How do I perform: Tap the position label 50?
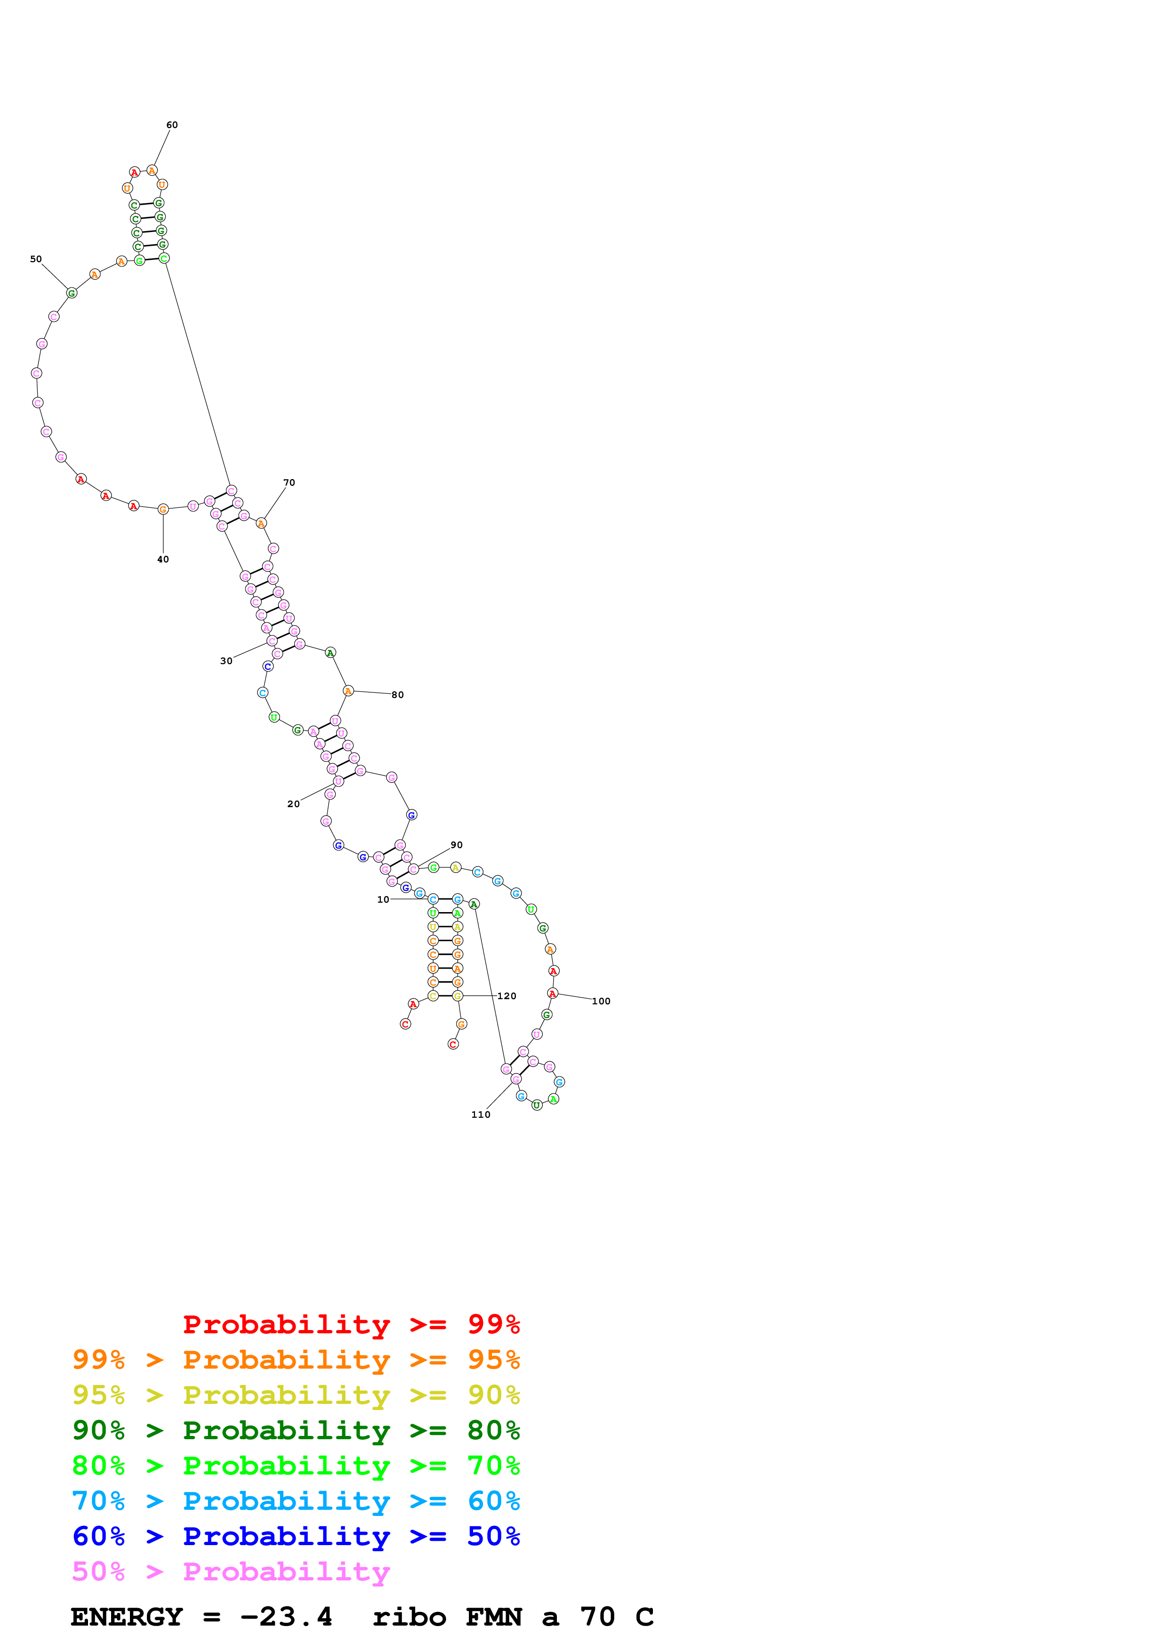click(x=36, y=259)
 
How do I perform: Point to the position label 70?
click(x=289, y=482)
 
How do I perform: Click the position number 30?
click(x=226, y=661)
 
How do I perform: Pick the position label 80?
click(x=398, y=695)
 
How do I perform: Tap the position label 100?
click(x=601, y=1001)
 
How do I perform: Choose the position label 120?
click(x=507, y=996)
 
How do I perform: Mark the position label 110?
click(x=480, y=1114)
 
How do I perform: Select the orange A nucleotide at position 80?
click(x=348, y=691)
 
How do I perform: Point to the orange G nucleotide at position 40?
click(x=163, y=509)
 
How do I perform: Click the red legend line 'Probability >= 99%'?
click(x=351, y=1324)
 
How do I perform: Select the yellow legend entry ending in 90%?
click(x=296, y=1395)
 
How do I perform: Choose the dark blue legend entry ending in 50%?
click(x=296, y=1536)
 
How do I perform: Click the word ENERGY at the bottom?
click(x=127, y=1617)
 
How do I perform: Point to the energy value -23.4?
click(x=286, y=1617)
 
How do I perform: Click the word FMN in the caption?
click(x=493, y=1617)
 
